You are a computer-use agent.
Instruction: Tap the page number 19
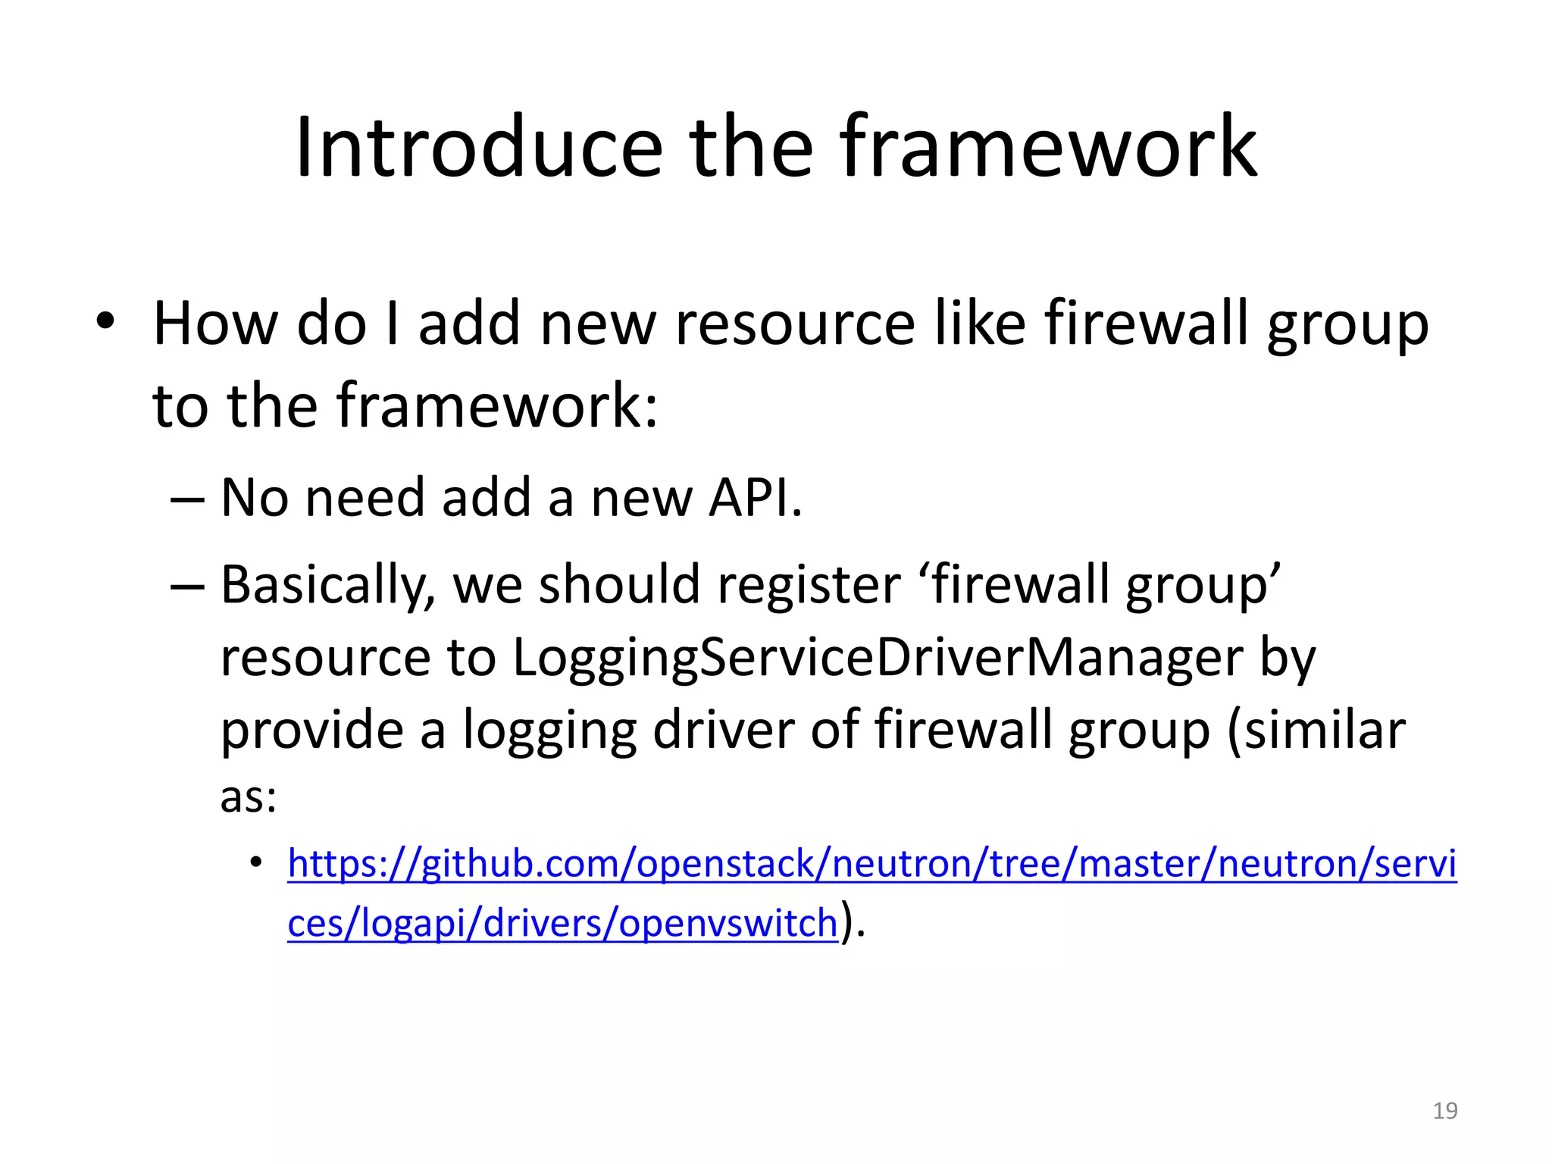click(1444, 1111)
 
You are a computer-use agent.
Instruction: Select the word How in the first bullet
click(215, 324)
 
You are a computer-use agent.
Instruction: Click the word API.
click(754, 498)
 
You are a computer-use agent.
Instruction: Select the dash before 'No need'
click(187, 500)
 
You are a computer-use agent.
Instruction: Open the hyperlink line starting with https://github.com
click(871, 864)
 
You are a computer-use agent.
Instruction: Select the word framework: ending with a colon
click(497, 405)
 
